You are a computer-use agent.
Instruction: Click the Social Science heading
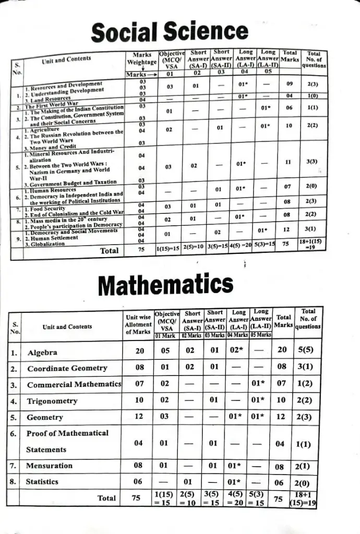[169, 32]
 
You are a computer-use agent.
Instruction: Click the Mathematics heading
[165, 284]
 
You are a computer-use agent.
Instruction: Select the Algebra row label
[42, 352]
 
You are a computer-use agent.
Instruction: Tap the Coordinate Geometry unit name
[67, 368]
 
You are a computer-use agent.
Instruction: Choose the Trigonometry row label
[52, 401]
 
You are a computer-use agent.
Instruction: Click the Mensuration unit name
[50, 465]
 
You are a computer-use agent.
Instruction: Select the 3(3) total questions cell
[312, 163]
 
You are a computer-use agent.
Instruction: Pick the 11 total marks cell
[287, 163]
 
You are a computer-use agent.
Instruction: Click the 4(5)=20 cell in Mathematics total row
[237, 498]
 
